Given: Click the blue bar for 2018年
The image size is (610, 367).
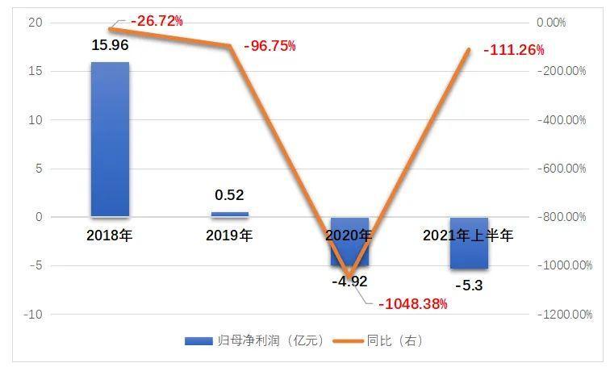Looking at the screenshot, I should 110,139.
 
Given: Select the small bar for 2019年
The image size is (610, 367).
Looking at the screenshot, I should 229,214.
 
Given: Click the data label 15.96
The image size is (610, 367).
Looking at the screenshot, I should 110,45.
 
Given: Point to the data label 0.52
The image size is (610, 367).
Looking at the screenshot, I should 229,194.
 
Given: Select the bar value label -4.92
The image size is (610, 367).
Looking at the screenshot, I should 349,282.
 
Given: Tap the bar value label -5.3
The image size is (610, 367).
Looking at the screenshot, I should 468,284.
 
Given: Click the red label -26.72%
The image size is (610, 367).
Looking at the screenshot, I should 157,21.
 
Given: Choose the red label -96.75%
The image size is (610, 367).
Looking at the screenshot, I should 269,46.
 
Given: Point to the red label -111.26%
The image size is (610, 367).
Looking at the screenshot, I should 513,50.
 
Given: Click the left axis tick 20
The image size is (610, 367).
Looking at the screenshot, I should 34,23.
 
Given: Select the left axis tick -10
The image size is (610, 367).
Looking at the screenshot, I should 32,314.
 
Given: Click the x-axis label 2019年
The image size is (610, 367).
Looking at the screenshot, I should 229,236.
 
